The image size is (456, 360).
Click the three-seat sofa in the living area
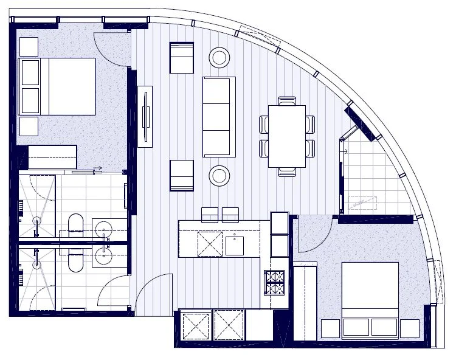(219, 117)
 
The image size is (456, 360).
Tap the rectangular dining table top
(286, 136)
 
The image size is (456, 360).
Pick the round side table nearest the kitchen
(219, 176)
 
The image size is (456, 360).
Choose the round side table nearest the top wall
(219, 58)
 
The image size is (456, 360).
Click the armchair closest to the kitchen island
(181, 175)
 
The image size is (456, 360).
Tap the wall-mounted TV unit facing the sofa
(145, 116)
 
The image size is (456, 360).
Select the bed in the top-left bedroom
(58, 86)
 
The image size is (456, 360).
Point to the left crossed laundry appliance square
(196, 325)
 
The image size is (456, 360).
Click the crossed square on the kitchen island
(209, 244)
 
